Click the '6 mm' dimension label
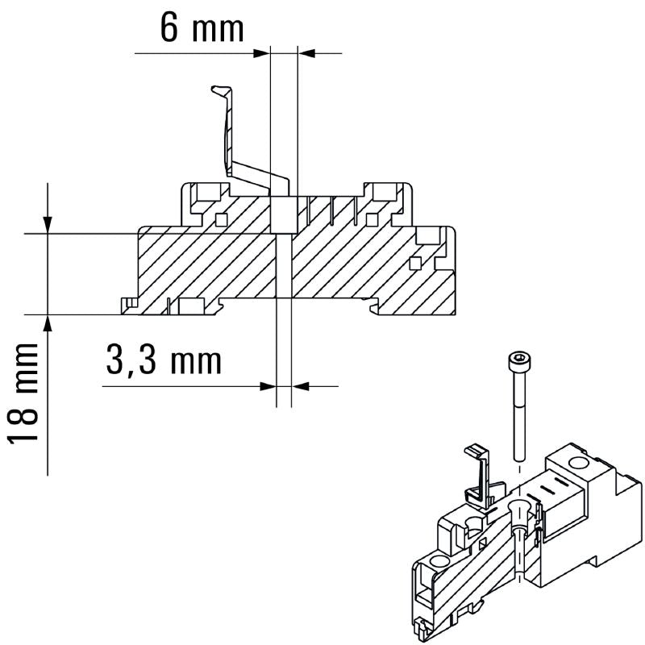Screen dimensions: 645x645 (202, 28)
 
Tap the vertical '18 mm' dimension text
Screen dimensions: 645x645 (25, 392)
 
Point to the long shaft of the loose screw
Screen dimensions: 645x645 (517, 411)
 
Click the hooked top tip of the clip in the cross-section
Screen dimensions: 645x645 (218, 89)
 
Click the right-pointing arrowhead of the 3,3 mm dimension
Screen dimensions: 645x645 (268, 386)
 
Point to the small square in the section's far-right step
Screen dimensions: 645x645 (415, 262)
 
